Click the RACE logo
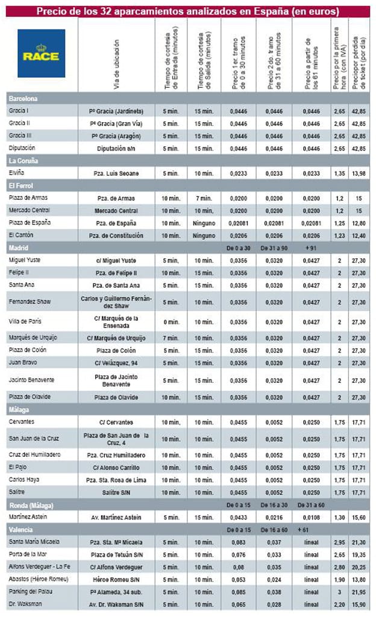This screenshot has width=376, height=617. coord(41,54)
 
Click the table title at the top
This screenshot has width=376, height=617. coord(187,11)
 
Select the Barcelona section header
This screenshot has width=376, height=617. coord(23,98)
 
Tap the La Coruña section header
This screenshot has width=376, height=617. coord(23,160)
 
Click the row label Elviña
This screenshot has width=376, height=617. coord(16,173)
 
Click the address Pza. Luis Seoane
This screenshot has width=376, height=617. coord(116,173)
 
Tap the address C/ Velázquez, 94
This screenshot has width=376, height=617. coord(116,363)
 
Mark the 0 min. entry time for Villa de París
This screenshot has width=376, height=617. coord(171,321)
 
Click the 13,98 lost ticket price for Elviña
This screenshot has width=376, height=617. coord(359,173)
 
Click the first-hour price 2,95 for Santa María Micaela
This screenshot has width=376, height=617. coord(339,542)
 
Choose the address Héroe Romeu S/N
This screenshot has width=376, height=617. coord(116,579)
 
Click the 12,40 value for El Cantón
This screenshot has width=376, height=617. coord(359,235)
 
